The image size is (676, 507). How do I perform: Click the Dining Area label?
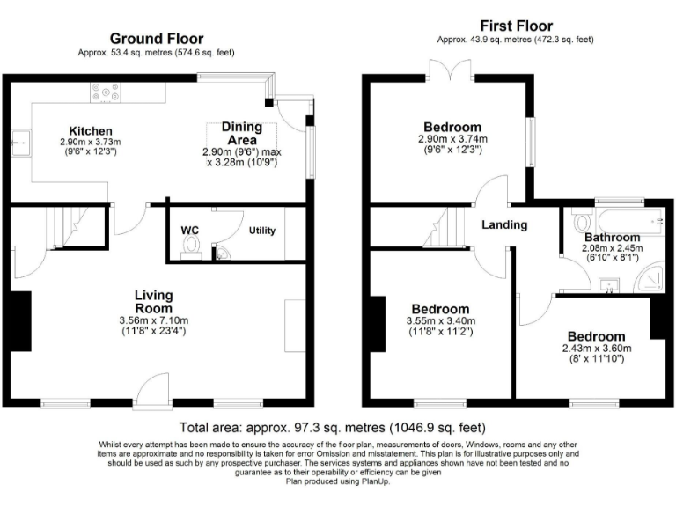click(x=241, y=133)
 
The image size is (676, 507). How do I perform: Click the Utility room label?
click(x=262, y=231)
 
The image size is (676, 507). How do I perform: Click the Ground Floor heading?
click(x=156, y=39)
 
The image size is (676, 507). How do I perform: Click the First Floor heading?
click(x=515, y=26)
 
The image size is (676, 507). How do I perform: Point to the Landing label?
click(x=504, y=224)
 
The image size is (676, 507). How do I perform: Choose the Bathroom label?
click(x=612, y=238)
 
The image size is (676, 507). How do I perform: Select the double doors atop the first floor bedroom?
click(x=449, y=70)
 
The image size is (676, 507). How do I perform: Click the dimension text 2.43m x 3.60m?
click(x=596, y=349)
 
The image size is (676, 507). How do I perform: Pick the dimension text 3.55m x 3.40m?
click(x=440, y=321)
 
